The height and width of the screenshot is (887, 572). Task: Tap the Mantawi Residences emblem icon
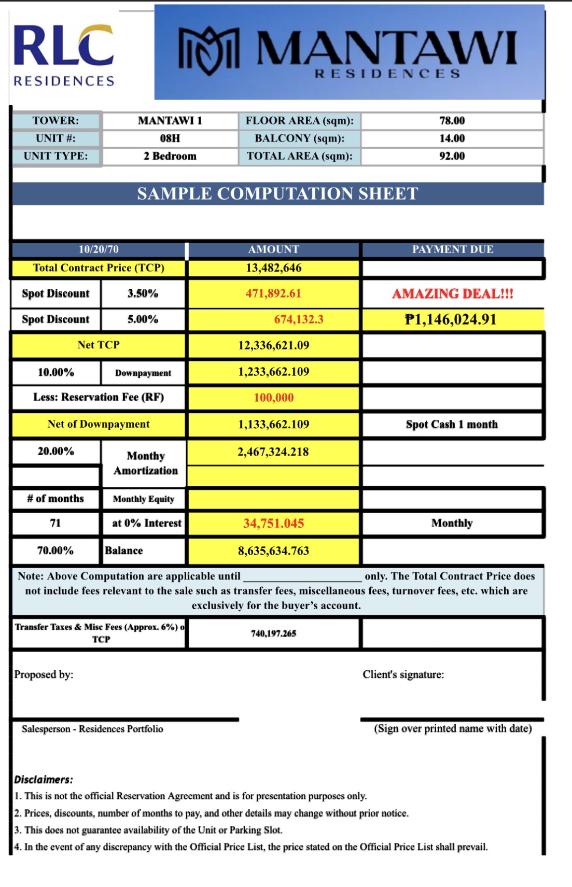point(209,50)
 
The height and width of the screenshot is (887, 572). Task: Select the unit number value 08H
point(170,138)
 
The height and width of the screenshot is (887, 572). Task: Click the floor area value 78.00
point(452,121)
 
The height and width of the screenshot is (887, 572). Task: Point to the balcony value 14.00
point(452,138)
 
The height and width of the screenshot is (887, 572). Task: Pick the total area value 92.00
point(452,156)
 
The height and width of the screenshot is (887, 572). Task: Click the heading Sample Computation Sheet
point(277,194)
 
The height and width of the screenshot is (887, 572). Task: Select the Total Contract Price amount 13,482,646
point(273,268)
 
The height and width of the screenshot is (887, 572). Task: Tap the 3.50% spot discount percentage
point(143,293)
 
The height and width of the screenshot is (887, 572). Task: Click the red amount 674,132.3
point(299,319)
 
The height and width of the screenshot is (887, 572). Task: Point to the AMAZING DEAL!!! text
point(452,294)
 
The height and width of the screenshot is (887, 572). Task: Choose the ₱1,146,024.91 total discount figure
point(450,319)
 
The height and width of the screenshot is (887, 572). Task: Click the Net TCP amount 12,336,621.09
point(273,345)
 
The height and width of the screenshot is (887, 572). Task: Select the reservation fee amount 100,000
point(273,398)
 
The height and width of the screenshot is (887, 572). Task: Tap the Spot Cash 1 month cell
point(452,425)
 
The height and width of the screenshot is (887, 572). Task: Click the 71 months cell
point(55,523)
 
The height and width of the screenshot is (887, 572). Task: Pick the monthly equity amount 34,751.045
point(273,524)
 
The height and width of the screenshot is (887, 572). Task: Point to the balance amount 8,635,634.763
point(273,551)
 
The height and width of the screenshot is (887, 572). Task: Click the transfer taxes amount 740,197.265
point(273,633)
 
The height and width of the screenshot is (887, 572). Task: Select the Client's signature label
point(403,674)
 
